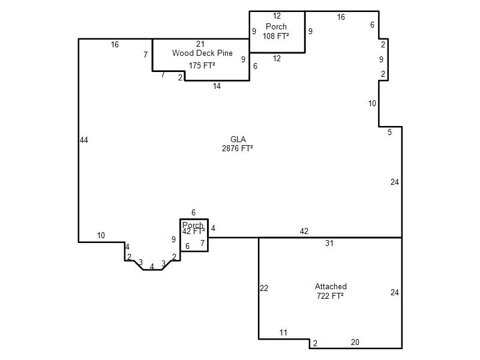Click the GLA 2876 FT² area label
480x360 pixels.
click(x=238, y=144)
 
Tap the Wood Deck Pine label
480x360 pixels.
click(x=202, y=53)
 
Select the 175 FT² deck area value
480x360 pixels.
click(x=202, y=65)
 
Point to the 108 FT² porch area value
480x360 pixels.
click(x=276, y=36)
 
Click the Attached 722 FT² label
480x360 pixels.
click(x=331, y=291)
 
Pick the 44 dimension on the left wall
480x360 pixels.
click(x=84, y=140)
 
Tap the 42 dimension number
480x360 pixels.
click(x=304, y=231)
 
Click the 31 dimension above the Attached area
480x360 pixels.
click(x=329, y=243)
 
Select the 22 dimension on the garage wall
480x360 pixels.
click(x=264, y=288)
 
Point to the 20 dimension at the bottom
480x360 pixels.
click(x=355, y=342)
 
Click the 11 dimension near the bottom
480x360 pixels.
click(x=283, y=332)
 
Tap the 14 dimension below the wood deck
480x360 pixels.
click(x=217, y=86)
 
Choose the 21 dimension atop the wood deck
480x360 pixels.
click(x=200, y=44)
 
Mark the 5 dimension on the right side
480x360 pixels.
click(x=389, y=132)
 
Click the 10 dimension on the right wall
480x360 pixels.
click(x=372, y=103)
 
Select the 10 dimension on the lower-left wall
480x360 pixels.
click(x=101, y=235)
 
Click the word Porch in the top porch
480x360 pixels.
click(x=276, y=26)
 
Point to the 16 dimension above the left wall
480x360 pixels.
click(x=115, y=44)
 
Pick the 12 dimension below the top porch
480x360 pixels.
click(x=277, y=58)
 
